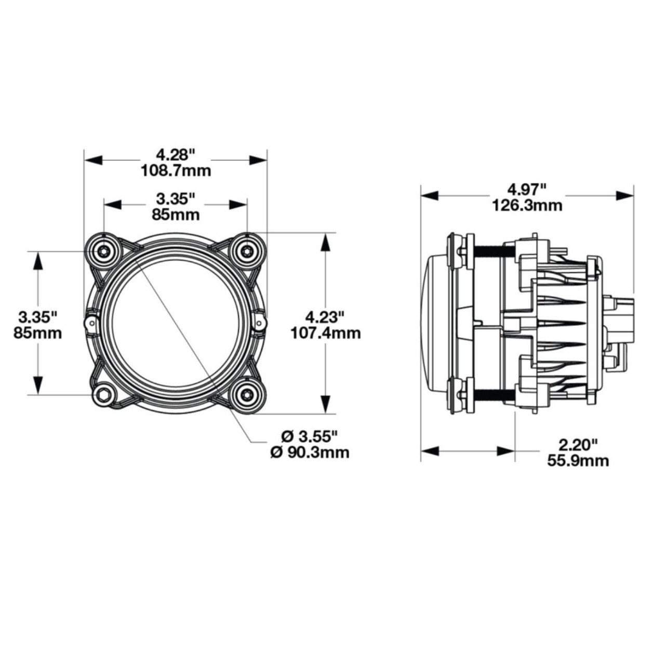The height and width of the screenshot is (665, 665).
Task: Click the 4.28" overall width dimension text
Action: [x=176, y=154]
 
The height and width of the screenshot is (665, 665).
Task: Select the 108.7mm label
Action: [x=176, y=170]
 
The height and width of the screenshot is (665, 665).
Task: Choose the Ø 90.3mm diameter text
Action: [x=310, y=453]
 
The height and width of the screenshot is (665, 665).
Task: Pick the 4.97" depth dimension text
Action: [x=527, y=189]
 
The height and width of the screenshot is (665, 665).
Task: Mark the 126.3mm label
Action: [x=527, y=205]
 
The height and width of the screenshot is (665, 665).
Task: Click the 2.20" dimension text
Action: [x=578, y=444]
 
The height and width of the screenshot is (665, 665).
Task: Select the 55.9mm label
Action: [x=578, y=460]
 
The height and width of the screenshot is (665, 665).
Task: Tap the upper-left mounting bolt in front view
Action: [x=104, y=251]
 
